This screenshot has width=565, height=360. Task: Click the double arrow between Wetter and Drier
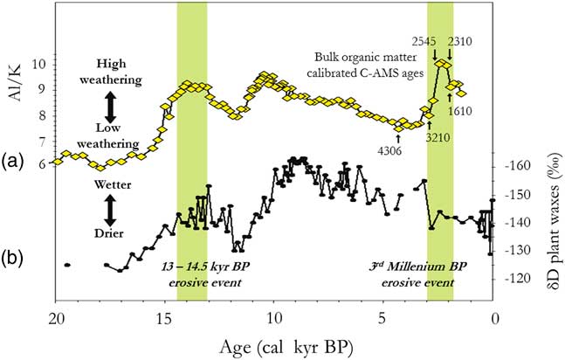110,210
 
